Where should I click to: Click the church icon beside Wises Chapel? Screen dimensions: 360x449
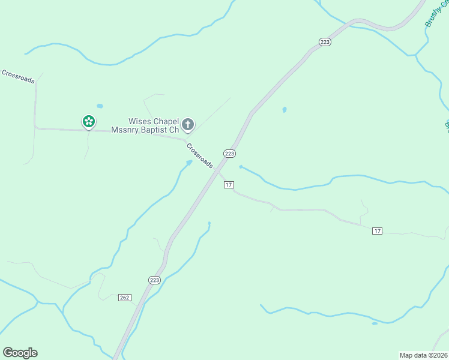pos(188,125)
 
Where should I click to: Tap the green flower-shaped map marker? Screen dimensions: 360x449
pos(89,122)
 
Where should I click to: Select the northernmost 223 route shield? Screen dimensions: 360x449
pos(325,41)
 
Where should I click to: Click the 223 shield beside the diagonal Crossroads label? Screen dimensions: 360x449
pos(229,154)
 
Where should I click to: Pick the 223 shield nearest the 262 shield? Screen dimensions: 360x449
pos(154,280)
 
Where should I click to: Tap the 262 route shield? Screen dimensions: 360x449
pos(124,298)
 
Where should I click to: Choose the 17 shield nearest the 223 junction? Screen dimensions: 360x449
pos(229,184)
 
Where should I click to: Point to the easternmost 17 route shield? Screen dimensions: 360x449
pos(377,231)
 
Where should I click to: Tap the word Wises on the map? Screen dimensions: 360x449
pos(139,121)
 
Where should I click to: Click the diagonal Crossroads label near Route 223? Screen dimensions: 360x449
pos(199,155)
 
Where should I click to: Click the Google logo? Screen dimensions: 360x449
pos(20,353)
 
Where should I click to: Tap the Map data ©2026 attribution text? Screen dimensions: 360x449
pos(424,355)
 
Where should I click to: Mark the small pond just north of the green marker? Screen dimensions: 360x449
pos(100,106)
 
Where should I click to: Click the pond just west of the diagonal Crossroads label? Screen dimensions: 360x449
pos(189,162)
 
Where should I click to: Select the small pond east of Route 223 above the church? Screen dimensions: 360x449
pos(284,110)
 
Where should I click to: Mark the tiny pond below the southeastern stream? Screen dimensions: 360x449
pos(375,323)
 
